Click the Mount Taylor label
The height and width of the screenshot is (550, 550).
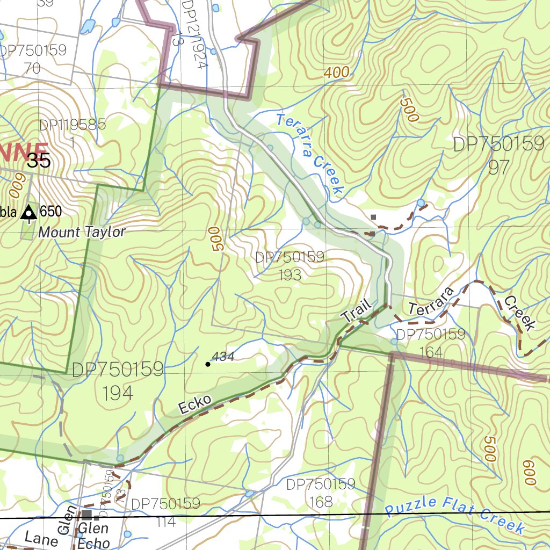(x=82, y=232)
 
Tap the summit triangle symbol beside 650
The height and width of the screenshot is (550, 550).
(x=28, y=213)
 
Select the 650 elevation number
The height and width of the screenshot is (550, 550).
(x=51, y=212)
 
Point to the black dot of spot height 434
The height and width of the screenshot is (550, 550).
(x=208, y=364)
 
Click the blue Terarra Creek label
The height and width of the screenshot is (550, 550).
(x=310, y=154)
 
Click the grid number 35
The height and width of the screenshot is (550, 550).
(x=39, y=160)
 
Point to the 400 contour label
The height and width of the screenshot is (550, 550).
(x=337, y=72)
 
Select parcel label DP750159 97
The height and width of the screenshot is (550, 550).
(x=498, y=155)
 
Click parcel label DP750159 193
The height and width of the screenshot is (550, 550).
(x=290, y=265)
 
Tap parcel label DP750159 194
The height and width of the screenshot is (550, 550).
(x=118, y=380)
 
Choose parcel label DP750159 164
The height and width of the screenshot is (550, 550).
(x=431, y=343)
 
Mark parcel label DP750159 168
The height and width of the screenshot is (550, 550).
(x=321, y=493)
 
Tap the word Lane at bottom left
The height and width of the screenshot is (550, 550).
(x=41, y=539)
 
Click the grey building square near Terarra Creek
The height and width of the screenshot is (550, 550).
(x=374, y=217)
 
